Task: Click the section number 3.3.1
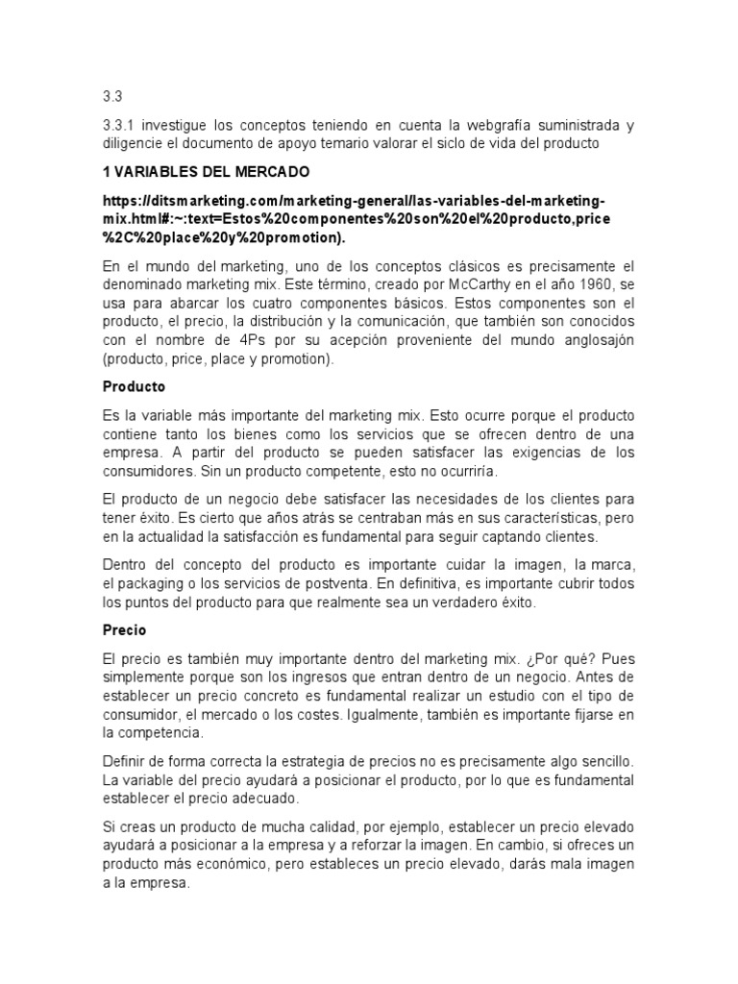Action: click(120, 126)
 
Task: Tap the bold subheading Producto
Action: click(134, 386)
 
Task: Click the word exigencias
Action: click(523, 454)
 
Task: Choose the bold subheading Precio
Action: click(124, 630)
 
